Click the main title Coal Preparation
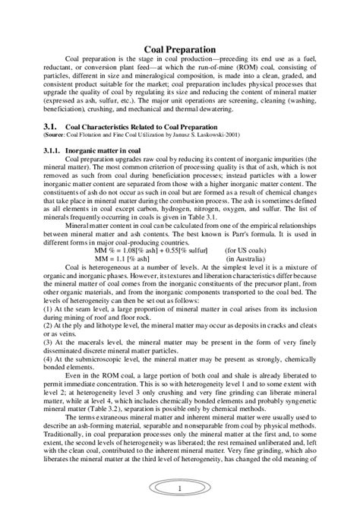coord(181,49)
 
